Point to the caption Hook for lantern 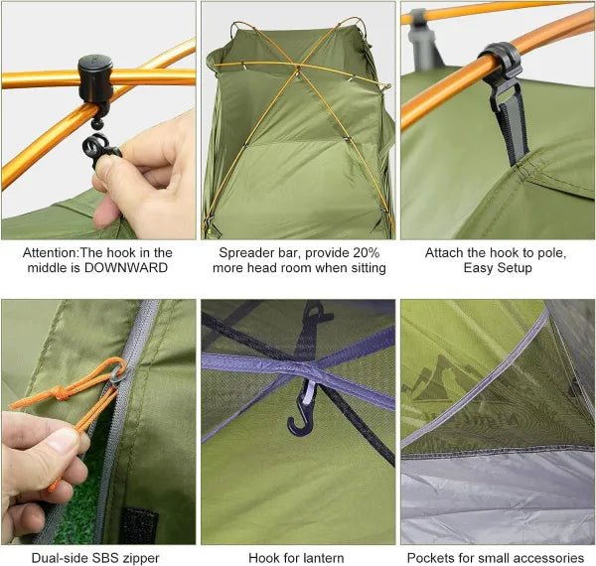pyautogui.click(x=297, y=557)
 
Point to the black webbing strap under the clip pyautogui.click(x=515, y=124)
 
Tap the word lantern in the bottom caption pyautogui.click(x=321, y=557)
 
